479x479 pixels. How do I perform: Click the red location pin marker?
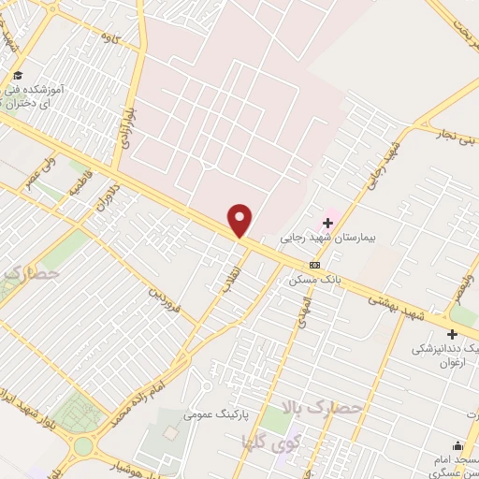click(x=240, y=219)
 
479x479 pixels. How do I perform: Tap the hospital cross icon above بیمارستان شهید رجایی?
click(x=327, y=223)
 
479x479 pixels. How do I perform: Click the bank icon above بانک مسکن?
click(x=327, y=265)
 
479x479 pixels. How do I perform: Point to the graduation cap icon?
click(x=18, y=75)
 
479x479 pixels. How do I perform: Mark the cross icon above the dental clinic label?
click(x=453, y=333)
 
